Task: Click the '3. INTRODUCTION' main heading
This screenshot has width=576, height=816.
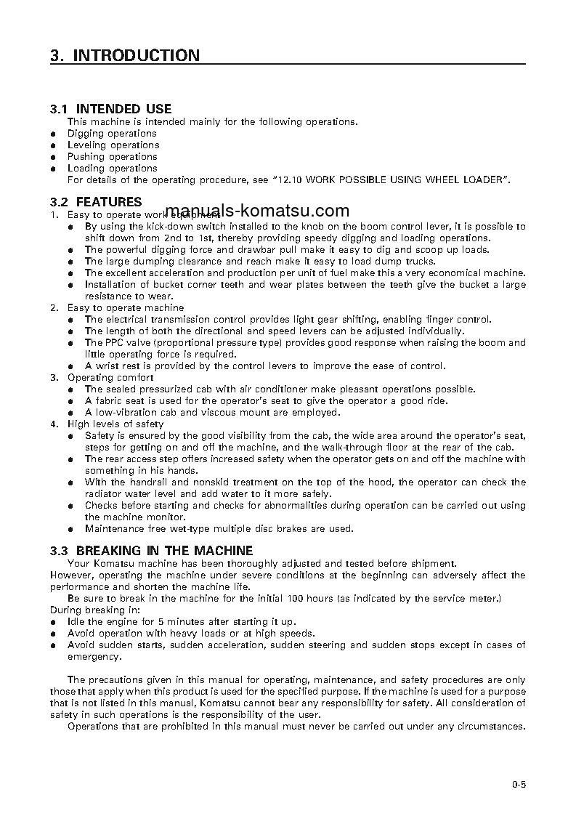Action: click(125, 56)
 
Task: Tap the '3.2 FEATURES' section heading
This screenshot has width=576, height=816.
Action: click(96, 202)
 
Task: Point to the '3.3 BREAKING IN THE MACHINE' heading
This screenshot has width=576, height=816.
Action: click(152, 551)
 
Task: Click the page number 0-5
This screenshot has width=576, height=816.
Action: click(518, 784)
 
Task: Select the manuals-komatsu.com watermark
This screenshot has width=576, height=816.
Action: click(258, 211)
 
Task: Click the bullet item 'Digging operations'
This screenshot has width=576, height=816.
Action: click(112, 134)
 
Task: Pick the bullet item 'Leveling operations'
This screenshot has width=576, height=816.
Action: click(113, 145)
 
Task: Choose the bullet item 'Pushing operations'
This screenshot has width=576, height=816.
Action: click(112, 157)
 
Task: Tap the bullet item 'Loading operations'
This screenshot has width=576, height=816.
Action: click(112, 169)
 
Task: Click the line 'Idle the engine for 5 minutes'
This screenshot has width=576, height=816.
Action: click(182, 622)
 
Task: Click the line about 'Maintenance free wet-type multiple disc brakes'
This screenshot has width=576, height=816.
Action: click(219, 529)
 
